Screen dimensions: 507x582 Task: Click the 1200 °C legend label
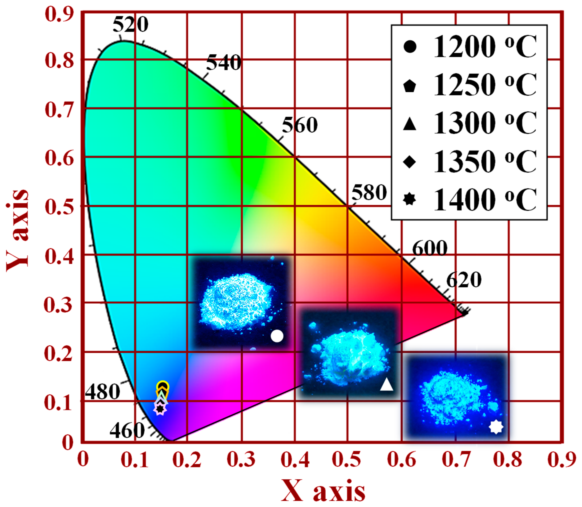coord(485,47)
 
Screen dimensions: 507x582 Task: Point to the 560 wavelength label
coord(300,125)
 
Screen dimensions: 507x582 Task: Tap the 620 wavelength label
coord(464,280)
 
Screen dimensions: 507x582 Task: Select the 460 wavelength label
coord(127,431)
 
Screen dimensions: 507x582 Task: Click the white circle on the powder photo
coord(277,336)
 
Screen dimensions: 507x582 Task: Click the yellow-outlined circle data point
coord(163,386)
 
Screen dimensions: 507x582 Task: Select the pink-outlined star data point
coord(160,409)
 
